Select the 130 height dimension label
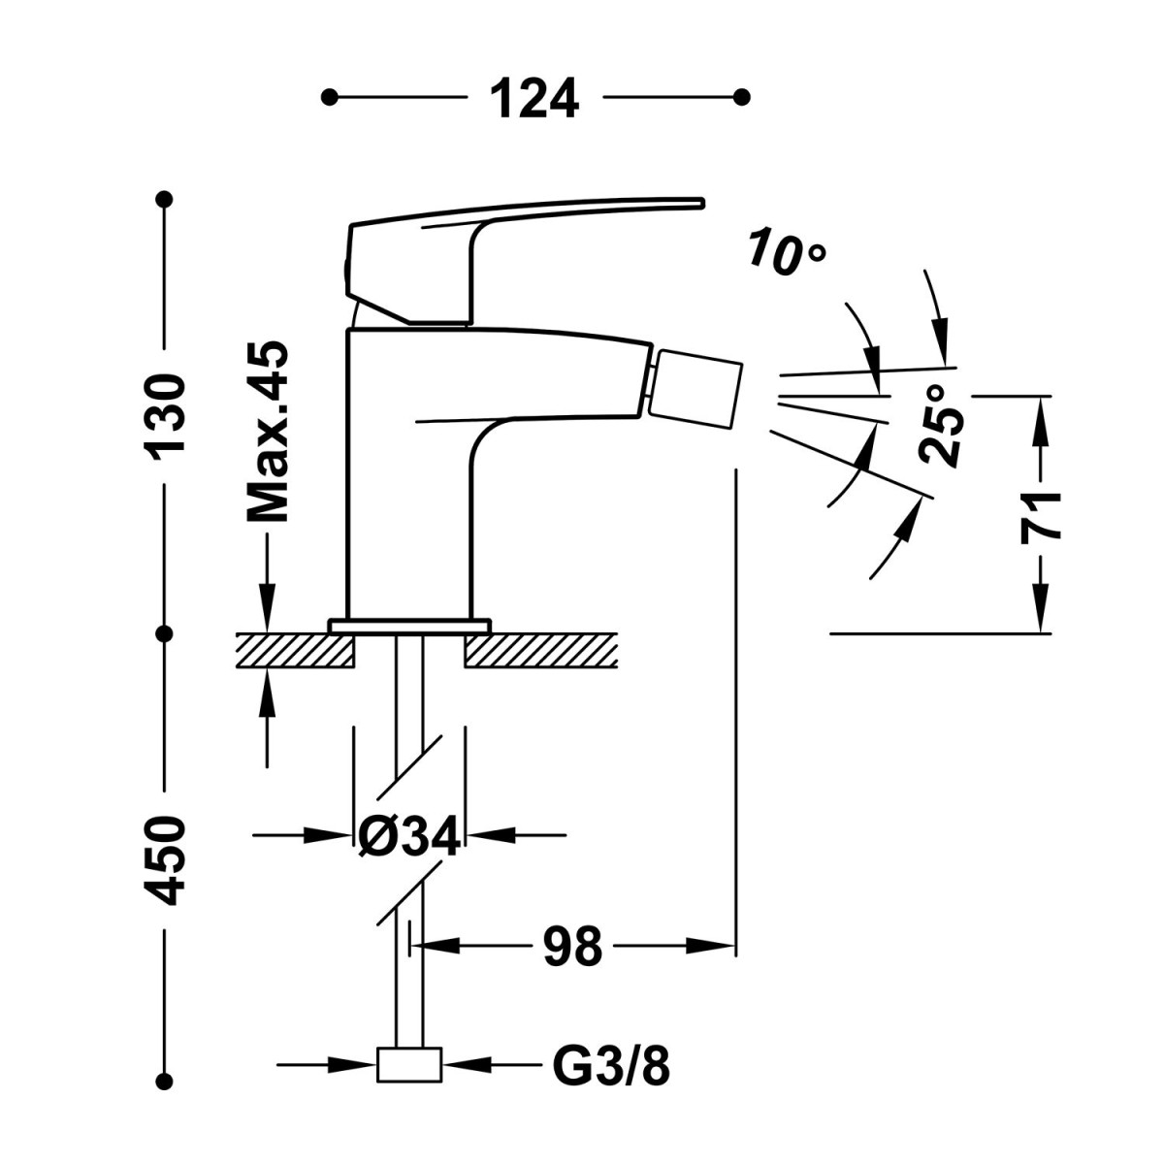point(165,415)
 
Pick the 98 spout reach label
point(572,946)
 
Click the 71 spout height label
point(1042,516)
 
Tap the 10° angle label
point(786,252)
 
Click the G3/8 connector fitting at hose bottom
point(408,1065)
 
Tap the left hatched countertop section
point(293,651)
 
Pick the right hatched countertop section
point(541,651)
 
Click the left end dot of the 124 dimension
point(330,97)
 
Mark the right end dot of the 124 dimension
point(742,97)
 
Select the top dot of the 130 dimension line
point(165,199)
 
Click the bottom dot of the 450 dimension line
point(165,1079)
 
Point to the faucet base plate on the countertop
point(408,626)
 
